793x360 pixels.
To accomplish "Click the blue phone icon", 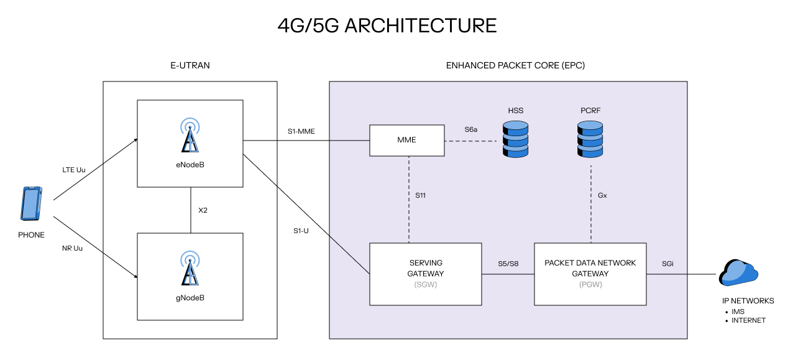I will [32, 203].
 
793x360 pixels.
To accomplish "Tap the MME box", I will [407, 140].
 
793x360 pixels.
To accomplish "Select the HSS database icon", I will [515, 139].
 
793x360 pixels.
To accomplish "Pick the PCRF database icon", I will [590, 139].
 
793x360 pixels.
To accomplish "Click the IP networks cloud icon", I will [738, 273].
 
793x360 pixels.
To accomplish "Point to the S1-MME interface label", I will [302, 131].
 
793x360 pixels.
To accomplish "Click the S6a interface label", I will [471, 130].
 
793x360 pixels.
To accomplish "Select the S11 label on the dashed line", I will [421, 195].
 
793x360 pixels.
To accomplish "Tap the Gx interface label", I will [602, 195].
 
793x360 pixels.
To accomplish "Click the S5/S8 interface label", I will [508, 264].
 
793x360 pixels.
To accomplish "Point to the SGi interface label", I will [667, 264].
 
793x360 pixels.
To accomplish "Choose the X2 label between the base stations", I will [203, 210].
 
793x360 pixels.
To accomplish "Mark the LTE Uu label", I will [73, 170].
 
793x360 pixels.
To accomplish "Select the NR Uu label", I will [72, 248].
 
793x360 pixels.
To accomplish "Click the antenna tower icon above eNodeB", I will [190, 136].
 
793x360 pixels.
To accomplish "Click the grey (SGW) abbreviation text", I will [425, 285].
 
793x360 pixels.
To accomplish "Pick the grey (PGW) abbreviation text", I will [590, 285].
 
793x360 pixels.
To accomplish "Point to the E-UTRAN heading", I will [190, 65].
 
